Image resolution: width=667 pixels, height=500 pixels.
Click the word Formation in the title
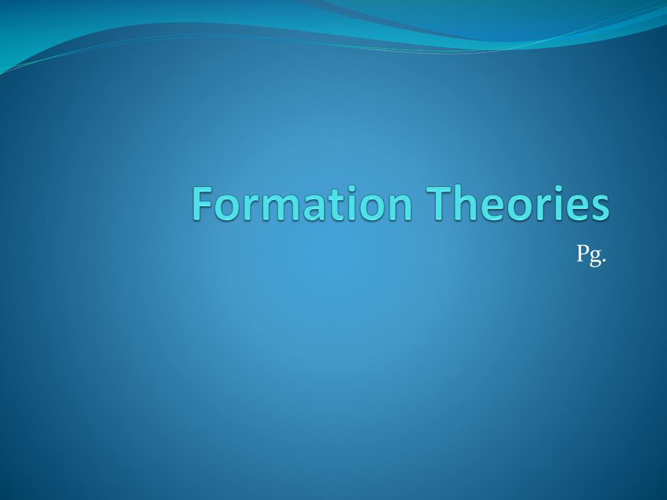[x=302, y=203]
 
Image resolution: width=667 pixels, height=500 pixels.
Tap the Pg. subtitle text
[x=591, y=255]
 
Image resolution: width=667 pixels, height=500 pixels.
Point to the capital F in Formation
[x=203, y=203]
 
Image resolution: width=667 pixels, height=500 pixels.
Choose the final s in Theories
[x=600, y=208]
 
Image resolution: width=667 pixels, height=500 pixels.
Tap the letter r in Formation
[x=253, y=207]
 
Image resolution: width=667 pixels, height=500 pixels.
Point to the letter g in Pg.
[x=595, y=258]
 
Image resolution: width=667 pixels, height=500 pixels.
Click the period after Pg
[x=604, y=260]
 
